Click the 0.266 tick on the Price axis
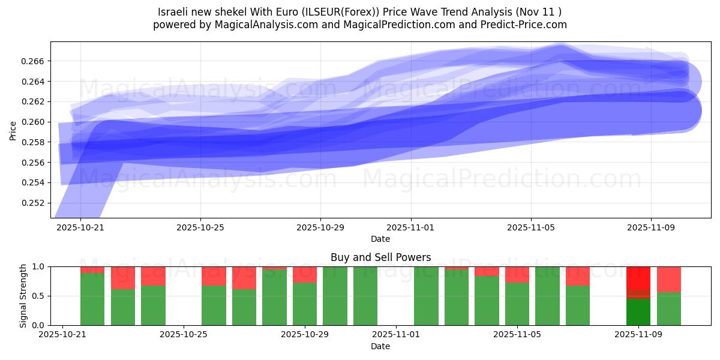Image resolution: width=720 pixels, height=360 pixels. tap(37, 61)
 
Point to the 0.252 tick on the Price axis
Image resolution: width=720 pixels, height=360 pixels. tap(37, 203)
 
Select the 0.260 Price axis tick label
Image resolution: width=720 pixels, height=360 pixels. tap(37, 122)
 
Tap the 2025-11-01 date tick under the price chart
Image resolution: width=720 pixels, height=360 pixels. tap(411, 228)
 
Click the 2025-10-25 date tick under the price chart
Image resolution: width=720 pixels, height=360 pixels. tap(200, 228)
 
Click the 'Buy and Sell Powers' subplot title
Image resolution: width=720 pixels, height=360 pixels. tap(380, 257)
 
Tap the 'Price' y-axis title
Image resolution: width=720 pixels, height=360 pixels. tap(13, 130)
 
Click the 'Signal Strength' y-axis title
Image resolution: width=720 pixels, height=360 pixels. tap(23, 296)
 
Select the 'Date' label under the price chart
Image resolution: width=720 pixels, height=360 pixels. tap(380, 239)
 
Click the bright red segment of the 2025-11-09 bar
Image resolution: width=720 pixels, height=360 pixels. tap(638, 277)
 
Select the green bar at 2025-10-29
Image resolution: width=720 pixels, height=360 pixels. tap(305, 304)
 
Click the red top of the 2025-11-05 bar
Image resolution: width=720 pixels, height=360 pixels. tap(517, 274)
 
